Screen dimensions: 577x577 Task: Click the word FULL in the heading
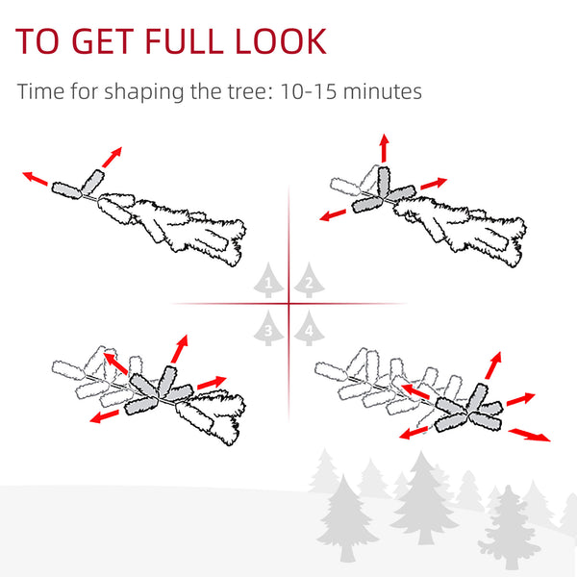point(185,40)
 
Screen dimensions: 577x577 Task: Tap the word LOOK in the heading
point(281,40)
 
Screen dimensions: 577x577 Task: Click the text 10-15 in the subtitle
point(309,91)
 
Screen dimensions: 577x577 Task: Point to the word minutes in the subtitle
point(383,91)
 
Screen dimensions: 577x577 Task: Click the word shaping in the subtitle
point(144,92)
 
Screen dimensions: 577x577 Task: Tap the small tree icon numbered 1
point(268,280)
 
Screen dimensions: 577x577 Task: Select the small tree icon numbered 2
point(309,280)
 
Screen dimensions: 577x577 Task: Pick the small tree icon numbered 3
point(268,328)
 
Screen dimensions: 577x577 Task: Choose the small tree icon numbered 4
point(309,328)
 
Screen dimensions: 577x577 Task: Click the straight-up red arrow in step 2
point(384,147)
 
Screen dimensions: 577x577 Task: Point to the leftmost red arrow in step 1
point(35,178)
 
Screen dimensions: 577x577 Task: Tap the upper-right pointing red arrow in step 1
point(112,157)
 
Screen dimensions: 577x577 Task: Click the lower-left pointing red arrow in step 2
point(333,214)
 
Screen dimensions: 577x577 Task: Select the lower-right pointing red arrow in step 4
point(530,435)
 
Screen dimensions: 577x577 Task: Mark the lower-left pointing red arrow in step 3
point(104,416)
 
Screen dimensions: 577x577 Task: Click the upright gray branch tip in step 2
point(384,181)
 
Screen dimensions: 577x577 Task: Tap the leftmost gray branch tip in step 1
point(66,190)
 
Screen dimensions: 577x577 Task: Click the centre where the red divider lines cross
point(288,304)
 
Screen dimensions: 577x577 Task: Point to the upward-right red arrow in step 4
point(493,364)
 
